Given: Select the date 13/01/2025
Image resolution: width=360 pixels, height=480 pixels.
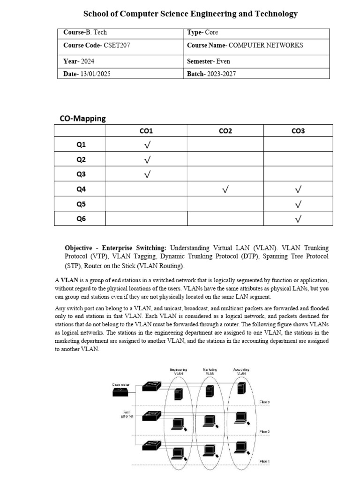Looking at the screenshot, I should tap(95, 74).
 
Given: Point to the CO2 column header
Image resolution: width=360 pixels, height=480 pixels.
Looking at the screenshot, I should tap(225, 131).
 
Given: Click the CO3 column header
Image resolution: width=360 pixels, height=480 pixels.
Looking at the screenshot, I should tap(298, 131).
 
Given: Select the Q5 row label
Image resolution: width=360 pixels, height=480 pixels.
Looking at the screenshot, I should tap(82, 204).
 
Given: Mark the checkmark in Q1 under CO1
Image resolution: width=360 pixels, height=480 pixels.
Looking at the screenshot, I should tap(147, 145).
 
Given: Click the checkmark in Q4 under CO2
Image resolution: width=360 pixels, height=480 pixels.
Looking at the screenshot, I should tap(225, 189).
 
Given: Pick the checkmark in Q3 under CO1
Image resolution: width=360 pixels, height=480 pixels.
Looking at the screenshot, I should tap(147, 174).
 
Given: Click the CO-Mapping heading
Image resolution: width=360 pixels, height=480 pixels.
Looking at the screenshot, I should tap(83, 119).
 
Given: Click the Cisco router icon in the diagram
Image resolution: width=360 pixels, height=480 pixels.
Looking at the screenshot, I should tap(123, 393).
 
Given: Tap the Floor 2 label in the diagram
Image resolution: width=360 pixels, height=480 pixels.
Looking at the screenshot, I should tap(265, 431).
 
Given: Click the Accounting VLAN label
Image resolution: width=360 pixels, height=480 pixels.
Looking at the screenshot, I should tap(241, 371).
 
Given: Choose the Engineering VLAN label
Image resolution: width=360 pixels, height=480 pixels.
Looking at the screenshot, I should tap(178, 371).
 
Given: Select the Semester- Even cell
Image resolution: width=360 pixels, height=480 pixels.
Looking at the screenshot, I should tap(209, 61).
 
